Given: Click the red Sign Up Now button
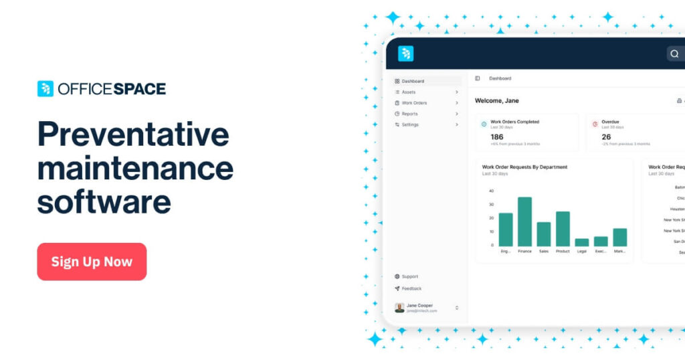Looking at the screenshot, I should coord(92,262).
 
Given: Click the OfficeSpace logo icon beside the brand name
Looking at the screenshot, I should coord(45,89).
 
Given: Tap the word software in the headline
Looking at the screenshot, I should coord(104,201).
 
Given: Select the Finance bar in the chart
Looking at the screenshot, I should coord(524,221).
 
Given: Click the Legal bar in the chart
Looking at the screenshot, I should coord(582,242).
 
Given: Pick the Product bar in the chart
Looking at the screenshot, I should coord(563,229).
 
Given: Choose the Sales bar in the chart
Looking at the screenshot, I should coord(544,234).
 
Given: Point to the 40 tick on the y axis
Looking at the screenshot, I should coord(491,191).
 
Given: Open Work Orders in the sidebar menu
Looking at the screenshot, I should coord(414,103).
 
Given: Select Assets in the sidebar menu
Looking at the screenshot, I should coord(409,92).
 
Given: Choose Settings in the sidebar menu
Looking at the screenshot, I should coord(410,124).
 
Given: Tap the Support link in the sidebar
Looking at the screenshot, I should coord(409,276).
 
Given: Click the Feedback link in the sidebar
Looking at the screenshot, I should coord(411,288).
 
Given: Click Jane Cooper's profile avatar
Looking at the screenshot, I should coord(399,308).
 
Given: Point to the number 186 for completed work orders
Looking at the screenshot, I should coord(497,137).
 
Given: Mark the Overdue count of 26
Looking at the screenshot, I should coord(606,137).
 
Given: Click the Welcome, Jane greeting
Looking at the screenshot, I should coord(497,100).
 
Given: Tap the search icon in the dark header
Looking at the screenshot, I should coord(674,54).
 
